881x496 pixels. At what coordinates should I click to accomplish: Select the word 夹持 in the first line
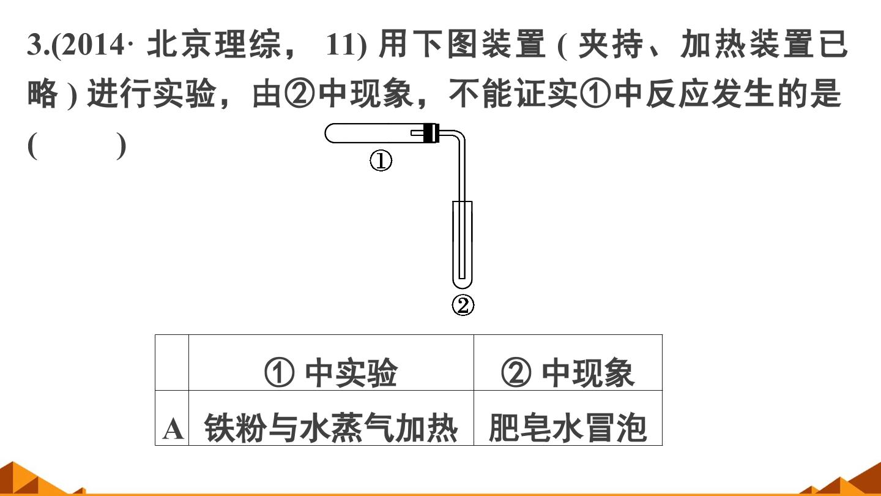[x=611, y=45]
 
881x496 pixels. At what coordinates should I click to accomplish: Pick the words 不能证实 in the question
[x=513, y=94]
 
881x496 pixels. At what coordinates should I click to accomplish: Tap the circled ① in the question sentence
[x=595, y=94]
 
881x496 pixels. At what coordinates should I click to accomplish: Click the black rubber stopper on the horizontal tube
[x=431, y=133]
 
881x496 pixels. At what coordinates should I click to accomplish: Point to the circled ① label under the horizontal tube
[x=381, y=161]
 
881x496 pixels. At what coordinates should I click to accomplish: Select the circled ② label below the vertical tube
[x=463, y=306]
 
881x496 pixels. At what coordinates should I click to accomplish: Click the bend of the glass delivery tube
[x=460, y=136]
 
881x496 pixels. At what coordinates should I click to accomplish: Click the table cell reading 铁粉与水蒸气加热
[x=331, y=428]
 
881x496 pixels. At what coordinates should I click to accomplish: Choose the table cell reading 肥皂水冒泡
[x=568, y=428]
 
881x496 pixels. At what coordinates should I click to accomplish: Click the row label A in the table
[x=173, y=429]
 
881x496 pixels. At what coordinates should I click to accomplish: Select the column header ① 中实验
[x=331, y=372]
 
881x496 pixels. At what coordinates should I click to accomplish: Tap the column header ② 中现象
[x=568, y=372]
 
